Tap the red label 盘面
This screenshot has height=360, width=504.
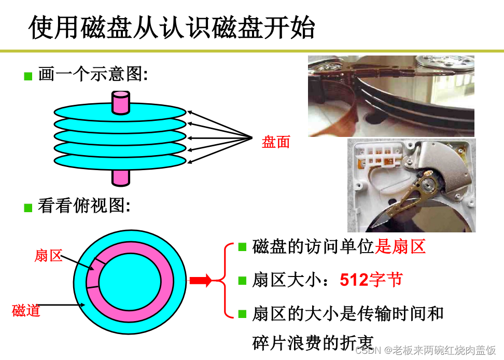pos(276,142)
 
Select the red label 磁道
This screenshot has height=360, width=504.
pos(26,311)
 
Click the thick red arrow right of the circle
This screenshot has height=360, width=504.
pos(201,281)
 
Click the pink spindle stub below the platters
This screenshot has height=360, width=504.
pos(121,177)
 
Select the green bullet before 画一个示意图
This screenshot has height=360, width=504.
pos(28,77)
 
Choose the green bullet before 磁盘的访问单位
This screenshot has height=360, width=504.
pos(242,246)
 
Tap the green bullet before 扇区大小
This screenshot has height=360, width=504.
pos(242,281)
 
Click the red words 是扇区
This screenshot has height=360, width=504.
pos(400,247)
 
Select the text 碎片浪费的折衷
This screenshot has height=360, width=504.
pos(313,343)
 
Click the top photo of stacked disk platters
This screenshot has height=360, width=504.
pos(391,96)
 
